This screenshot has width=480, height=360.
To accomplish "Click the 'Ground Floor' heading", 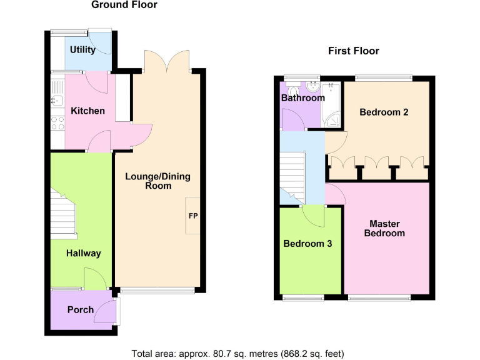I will (124, 5).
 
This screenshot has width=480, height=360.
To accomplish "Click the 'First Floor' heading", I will (353, 51).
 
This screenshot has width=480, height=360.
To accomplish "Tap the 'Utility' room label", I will (82, 50).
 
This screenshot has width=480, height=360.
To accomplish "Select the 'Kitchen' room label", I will (87, 111).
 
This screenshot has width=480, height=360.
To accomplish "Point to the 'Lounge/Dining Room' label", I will (157, 181).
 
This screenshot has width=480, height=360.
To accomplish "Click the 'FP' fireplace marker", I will (193, 216).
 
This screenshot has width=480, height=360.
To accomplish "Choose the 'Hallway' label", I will (84, 253).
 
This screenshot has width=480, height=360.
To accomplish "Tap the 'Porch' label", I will (81, 309).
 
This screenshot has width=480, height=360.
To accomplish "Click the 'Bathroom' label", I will (302, 98).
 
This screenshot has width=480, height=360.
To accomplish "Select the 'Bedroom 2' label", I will (384, 112).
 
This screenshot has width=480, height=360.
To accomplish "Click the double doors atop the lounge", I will (167, 61).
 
